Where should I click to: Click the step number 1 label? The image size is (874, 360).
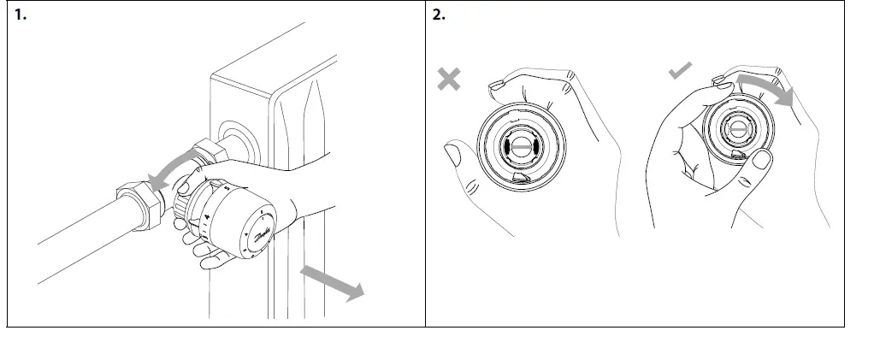pos(19,16)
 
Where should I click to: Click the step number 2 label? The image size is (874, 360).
pos(439,16)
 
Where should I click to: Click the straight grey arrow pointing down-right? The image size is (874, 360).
pos(333,282)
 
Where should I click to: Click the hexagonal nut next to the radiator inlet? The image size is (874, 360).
pos(210,153)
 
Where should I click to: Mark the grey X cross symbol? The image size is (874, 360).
pos(448,80)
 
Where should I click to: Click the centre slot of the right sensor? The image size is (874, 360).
pos(739,129)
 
